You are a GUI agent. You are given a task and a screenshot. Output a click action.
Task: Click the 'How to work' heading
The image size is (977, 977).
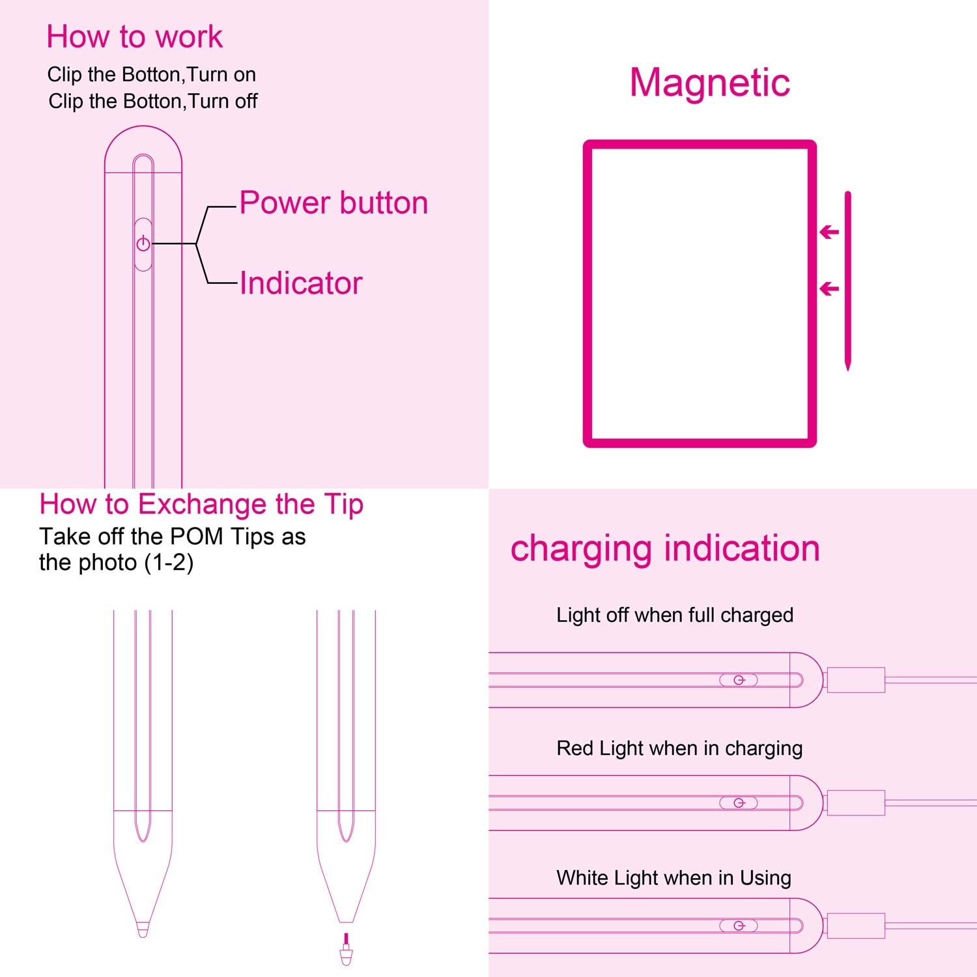click(135, 36)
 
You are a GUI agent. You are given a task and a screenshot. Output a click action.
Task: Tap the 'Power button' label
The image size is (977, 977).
click(333, 203)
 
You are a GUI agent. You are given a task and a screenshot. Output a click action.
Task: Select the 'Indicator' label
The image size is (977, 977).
click(300, 283)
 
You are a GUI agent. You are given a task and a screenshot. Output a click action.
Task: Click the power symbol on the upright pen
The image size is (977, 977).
click(143, 244)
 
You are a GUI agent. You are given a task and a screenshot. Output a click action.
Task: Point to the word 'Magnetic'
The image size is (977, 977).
click(709, 83)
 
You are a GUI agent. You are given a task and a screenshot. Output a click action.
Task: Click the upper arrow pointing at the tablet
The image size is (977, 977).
click(829, 231)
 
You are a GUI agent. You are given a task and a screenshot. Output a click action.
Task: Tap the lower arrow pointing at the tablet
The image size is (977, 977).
click(829, 288)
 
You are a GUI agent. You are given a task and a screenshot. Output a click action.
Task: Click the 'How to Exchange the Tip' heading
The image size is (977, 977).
click(201, 505)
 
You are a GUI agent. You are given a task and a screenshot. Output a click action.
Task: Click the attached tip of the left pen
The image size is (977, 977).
click(143, 929)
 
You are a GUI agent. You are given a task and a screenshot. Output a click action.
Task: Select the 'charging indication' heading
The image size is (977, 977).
click(665, 548)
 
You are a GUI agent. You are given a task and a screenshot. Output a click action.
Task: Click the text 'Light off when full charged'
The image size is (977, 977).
click(675, 616)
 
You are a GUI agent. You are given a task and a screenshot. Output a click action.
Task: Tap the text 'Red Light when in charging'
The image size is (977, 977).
click(679, 748)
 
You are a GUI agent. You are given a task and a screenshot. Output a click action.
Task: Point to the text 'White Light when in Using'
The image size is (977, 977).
click(674, 878)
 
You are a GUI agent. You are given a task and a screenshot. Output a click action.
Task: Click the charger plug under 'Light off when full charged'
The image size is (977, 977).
click(855, 680)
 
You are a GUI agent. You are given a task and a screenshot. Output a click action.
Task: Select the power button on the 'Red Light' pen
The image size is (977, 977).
click(739, 802)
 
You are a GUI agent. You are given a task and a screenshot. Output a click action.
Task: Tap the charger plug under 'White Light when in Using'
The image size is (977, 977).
click(855, 926)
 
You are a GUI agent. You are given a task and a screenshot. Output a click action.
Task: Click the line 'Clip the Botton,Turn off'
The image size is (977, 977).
click(152, 102)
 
